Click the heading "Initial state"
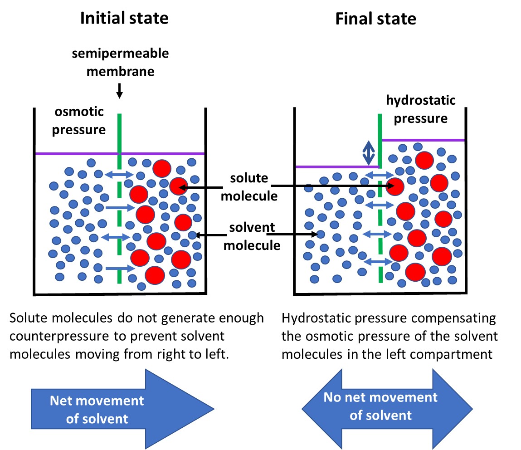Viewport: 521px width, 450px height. (124, 18)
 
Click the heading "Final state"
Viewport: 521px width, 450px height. (375, 19)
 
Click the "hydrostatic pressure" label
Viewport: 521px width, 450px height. (421, 109)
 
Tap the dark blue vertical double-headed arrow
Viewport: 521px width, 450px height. (368, 153)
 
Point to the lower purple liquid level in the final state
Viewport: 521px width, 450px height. (336, 166)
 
